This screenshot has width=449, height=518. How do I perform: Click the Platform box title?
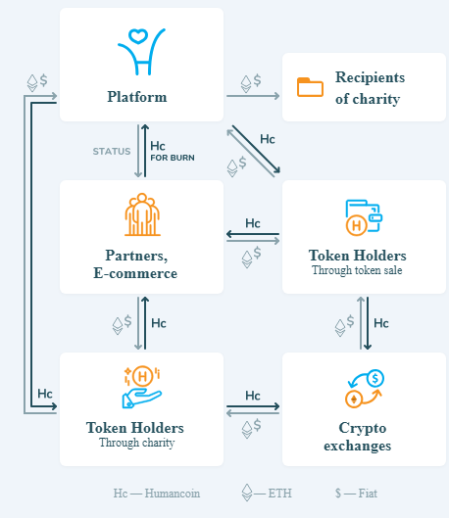(137, 97)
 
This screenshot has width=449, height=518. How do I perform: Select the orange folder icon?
(310, 87)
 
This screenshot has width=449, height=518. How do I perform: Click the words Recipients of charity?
(370, 88)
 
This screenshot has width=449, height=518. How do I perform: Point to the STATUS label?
(112, 152)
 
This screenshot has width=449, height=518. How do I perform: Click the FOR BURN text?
(173, 158)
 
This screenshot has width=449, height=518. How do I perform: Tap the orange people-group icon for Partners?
(142, 214)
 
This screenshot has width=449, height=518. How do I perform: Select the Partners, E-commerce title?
(135, 264)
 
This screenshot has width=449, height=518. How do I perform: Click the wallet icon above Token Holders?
(364, 217)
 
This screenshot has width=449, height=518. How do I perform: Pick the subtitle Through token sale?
(357, 270)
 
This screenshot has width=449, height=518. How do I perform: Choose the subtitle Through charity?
(137, 443)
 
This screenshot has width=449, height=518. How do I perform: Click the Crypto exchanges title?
(358, 437)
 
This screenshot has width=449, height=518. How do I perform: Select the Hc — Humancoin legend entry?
(157, 494)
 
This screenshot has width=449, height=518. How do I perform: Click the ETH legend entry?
(267, 493)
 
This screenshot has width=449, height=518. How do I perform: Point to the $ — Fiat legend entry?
(356, 494)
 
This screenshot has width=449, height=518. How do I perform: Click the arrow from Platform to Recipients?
(253, 96)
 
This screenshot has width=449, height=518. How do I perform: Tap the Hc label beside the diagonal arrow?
(268, 139)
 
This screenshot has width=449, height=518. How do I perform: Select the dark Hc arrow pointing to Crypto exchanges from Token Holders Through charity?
(253, 406)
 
